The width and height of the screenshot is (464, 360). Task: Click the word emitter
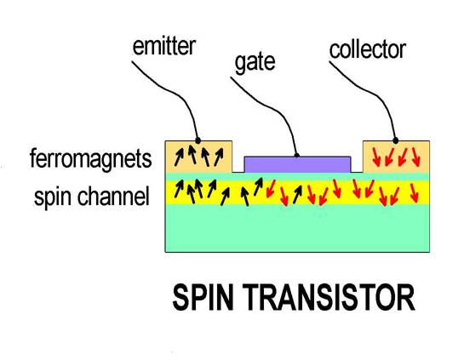coord(164,47)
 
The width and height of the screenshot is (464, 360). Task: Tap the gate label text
coord(255,63)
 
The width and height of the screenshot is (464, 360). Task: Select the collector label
coord(367,49)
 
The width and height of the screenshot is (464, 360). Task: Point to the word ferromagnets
coord(91,159)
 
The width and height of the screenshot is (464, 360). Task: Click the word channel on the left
coord(113,196)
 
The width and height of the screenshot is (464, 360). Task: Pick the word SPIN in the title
coord(203,297)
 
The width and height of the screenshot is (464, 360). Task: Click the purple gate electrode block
coord(297,164)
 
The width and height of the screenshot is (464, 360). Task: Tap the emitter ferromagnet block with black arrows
coord(198,157)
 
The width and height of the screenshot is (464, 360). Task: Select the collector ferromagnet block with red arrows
coord(396,157)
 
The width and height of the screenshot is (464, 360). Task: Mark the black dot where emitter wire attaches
coord(198,140)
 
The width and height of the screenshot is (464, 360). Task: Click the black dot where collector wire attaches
coord(395,140)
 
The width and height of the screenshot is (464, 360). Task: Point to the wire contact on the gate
coord(297,155)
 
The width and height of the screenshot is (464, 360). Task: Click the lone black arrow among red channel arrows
coord(297,194)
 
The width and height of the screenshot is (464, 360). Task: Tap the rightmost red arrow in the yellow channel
coord(415,193)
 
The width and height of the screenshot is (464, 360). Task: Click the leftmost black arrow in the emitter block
coord(179,157)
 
